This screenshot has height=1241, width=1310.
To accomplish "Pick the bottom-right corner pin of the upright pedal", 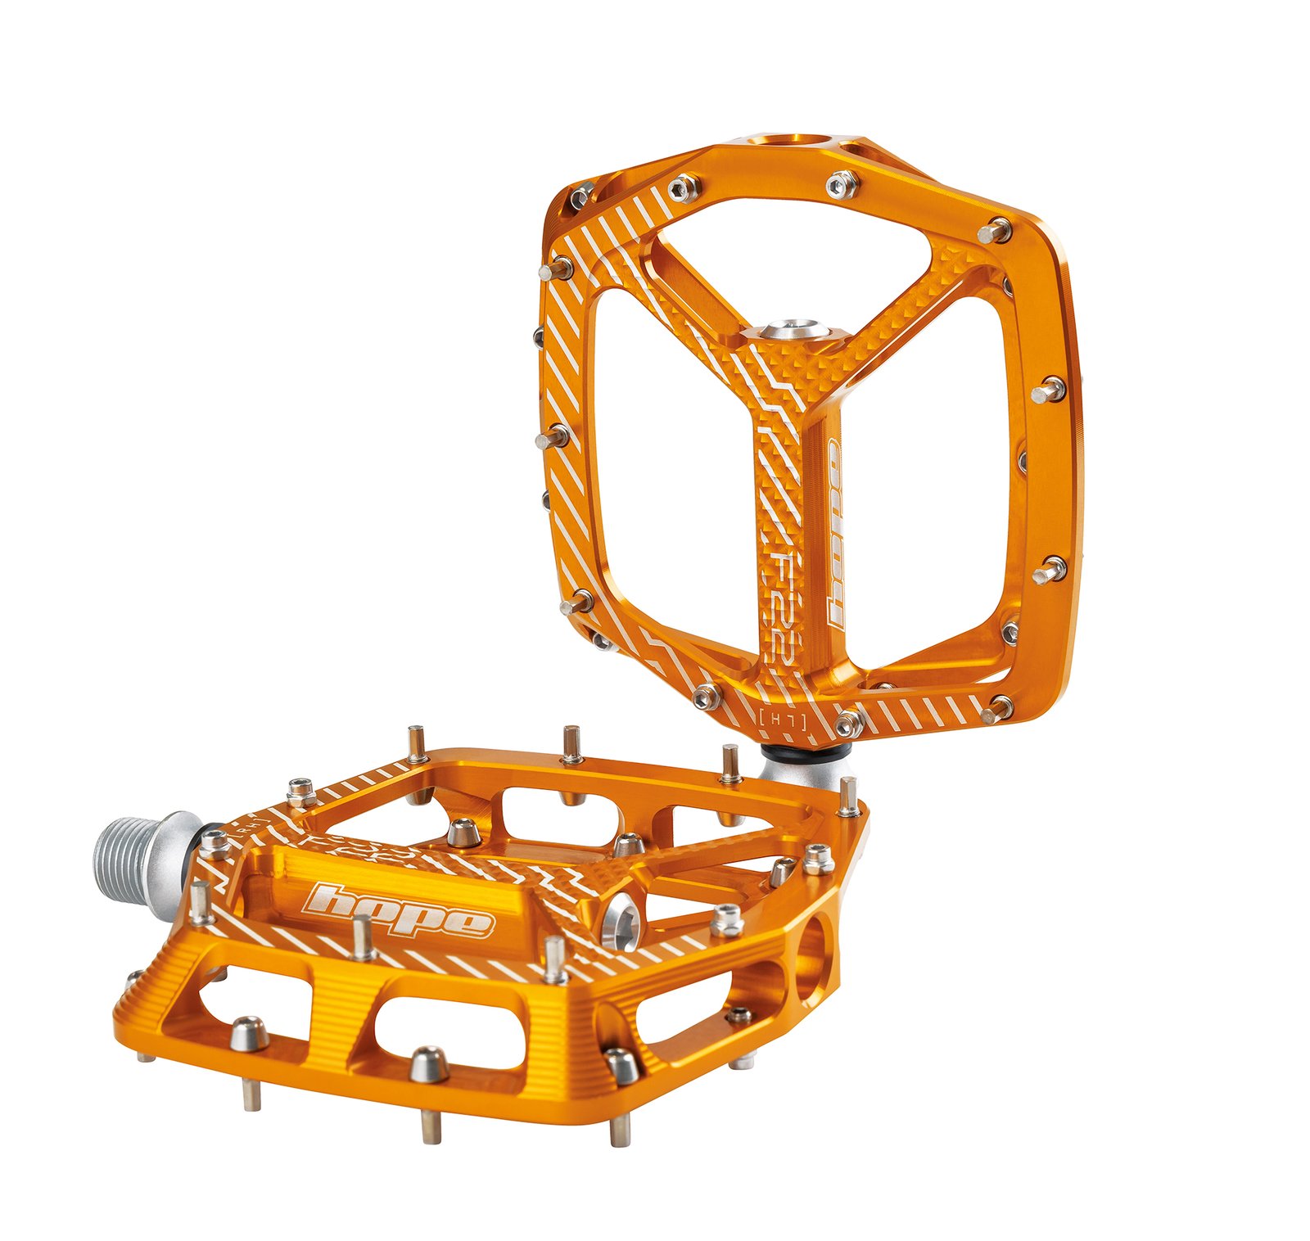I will tap(997, 709).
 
